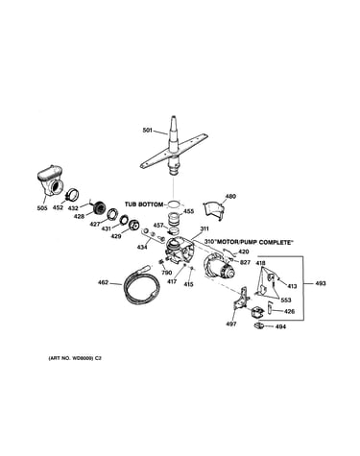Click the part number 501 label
(147, 131)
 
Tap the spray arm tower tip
(174, 117)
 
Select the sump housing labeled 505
(50, 180)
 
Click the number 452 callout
(58, 208)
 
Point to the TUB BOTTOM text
(144, 204)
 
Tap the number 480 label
(230, 196)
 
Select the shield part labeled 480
(213, 210)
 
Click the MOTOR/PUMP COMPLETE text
(253, 243)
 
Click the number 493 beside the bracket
(321, 283)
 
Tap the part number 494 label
(280, 326)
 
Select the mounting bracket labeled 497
(242, 300)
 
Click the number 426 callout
(289, 311)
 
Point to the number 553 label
(286, 300)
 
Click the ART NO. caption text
(75, 358)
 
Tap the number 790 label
(167, 273)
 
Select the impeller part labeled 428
(98, 208)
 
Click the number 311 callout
(204, 228)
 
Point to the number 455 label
(189, 211)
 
